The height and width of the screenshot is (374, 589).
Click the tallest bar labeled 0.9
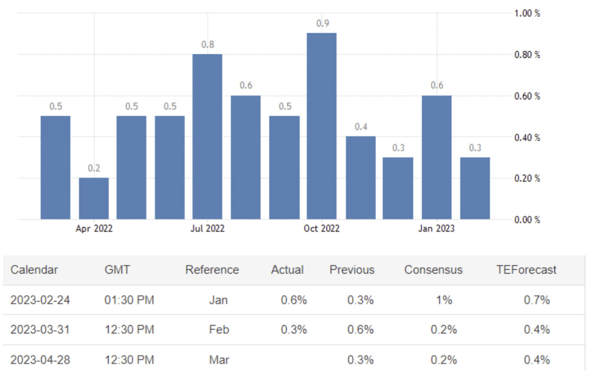pos(322,126)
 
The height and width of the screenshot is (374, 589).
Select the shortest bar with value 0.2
pos(94,198)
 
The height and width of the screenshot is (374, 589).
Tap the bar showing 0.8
pos(207,136)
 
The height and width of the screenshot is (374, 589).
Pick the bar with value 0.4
pos(360,178)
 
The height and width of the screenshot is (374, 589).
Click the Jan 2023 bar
pos(436,157)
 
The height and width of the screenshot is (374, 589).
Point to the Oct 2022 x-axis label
pos(322,229)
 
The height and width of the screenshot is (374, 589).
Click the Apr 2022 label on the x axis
pos(94,229)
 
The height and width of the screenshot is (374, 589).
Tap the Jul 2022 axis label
pos(207,229)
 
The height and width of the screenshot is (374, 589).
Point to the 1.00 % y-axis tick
pos(527,13)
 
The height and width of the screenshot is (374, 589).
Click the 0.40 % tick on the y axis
pos(527,137)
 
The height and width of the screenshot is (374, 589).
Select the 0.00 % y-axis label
pos(527,220)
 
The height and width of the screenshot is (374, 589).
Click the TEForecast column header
pos(526,270)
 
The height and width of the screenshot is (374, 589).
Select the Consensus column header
pos(433,270)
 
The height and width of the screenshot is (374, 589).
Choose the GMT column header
pos(117,270)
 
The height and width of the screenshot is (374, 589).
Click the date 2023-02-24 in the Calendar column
pos(40,300)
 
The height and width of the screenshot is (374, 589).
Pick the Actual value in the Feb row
pos(294,330)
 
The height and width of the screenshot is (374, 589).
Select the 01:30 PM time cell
pos(129,300)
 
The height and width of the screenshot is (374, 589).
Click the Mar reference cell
pos(219,359)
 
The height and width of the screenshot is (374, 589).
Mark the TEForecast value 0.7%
pos(537,300)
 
